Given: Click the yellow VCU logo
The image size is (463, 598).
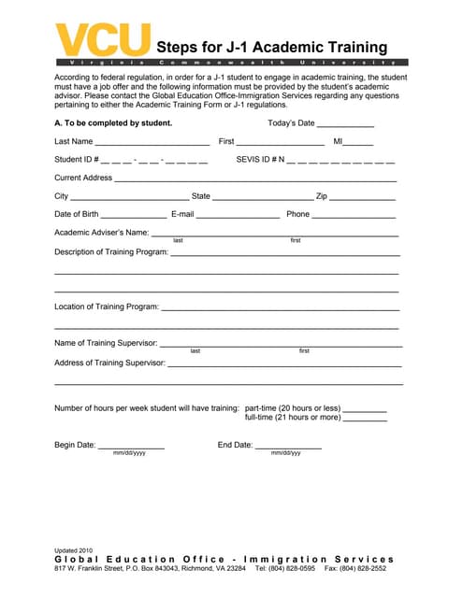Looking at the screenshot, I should [103, 39].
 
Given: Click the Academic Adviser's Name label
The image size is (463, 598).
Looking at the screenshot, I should [101, 233].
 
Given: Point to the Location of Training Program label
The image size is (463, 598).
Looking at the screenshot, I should [107, 306].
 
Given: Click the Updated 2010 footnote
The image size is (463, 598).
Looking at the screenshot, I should [74, 550].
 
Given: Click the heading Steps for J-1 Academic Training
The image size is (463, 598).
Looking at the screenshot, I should [271, 48].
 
